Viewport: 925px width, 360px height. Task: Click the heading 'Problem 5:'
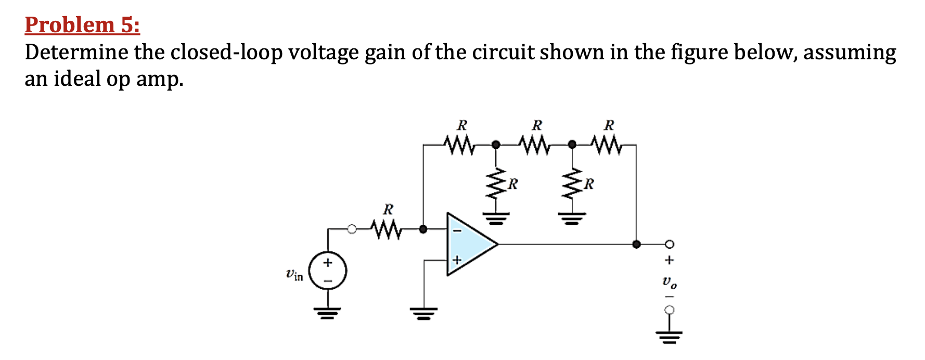click(82, 25)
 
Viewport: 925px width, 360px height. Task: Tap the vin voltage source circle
click(327, 271)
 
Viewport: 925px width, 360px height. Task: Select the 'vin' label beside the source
click(294, 274)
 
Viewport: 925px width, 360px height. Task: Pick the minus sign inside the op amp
click(457, 230)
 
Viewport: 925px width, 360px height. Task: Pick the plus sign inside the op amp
click(457, 259)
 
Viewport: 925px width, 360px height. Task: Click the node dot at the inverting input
click(423, 229)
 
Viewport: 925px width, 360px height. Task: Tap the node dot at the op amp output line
click(636, 243)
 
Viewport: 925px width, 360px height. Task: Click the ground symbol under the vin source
click(327, 313)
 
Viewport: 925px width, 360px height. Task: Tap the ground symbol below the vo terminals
click(670, 336)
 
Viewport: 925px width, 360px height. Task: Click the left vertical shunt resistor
click(497, 185)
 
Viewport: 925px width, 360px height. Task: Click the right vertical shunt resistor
click(572, 185)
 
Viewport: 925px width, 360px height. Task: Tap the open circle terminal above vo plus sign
click(670, 244)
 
